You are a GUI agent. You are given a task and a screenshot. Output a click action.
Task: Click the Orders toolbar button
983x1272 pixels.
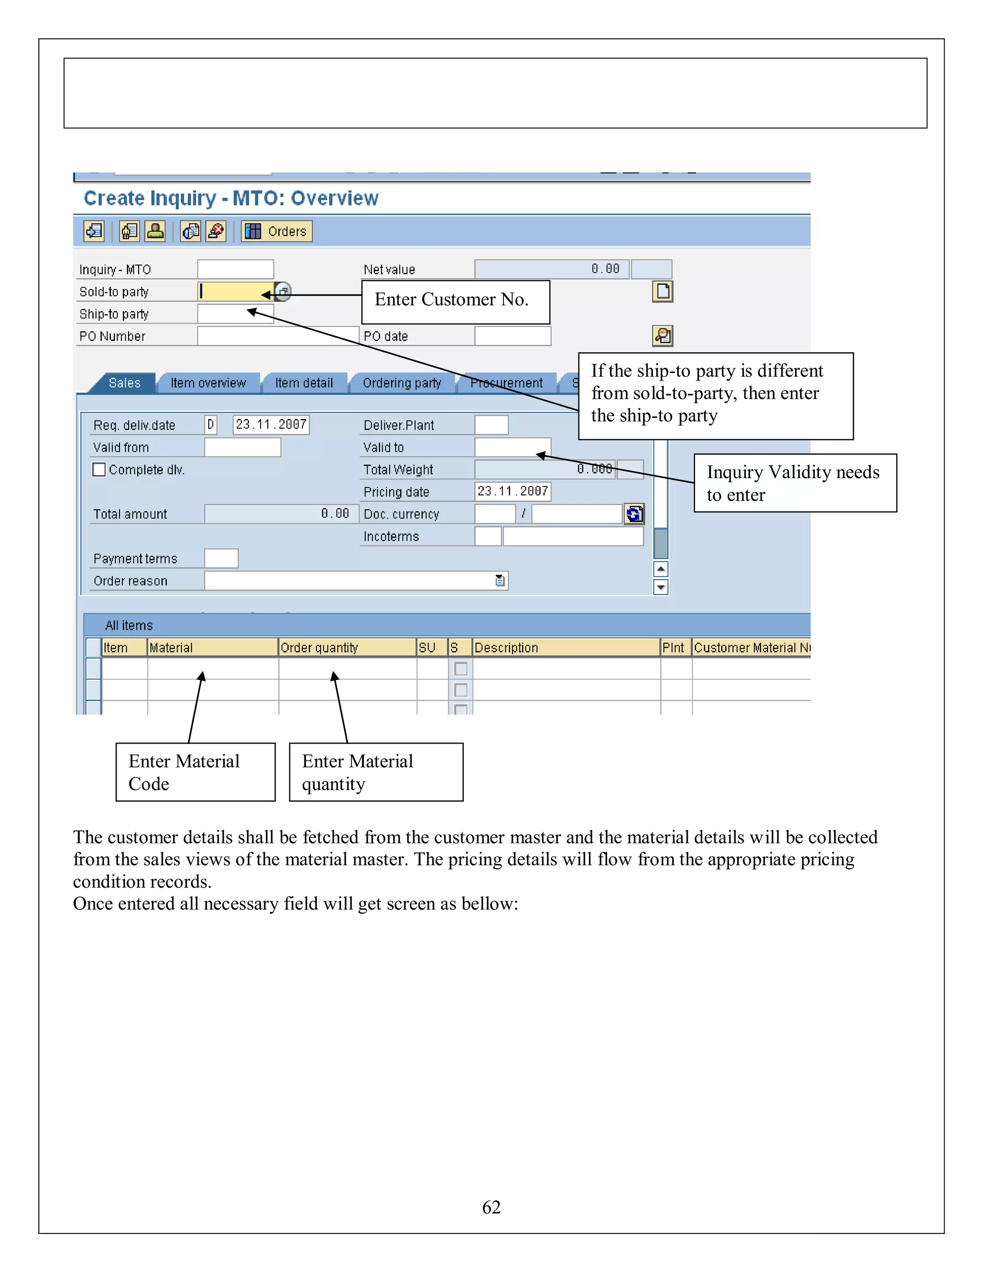coord(277,231)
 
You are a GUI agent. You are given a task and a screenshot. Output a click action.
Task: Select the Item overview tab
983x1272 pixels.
coord(208,383)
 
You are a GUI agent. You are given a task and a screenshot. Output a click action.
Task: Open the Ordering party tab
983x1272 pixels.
coord(402,383)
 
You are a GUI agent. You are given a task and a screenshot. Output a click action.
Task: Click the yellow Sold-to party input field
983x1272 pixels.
coord(234,291)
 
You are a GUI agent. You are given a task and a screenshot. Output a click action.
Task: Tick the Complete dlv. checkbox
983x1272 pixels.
coord(99,469)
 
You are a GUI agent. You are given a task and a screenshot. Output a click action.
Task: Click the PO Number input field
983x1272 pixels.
coord(277,336)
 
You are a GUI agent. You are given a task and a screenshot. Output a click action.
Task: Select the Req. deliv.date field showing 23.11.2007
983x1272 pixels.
coord(271,425)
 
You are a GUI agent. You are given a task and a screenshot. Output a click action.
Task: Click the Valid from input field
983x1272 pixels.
coord(242,447)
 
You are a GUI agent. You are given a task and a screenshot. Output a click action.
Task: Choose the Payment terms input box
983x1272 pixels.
coord(221,559)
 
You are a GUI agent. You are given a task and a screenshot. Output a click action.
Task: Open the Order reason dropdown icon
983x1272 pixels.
coord(500,581)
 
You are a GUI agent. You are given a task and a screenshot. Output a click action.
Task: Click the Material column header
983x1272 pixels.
coord(213,648)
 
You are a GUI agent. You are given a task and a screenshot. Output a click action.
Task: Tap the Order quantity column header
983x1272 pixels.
coord(347,648)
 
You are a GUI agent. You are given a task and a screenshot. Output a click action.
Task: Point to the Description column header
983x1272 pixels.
coord(565,648)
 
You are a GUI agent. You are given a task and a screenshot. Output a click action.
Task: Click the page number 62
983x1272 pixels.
coord(491,1207)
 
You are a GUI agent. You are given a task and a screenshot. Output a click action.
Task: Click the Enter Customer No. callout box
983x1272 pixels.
coord(456,302)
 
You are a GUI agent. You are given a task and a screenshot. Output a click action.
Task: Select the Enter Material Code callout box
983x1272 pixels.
coord(195,772)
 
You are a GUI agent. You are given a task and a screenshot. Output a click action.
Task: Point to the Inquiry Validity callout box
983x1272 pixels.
coord(795,483)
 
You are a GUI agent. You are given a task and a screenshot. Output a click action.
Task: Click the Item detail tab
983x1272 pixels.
coord(304,383)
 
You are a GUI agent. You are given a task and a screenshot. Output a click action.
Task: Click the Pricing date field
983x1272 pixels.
coord(513,492)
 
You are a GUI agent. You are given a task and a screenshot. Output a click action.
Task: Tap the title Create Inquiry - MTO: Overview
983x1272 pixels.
coord(231,198)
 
